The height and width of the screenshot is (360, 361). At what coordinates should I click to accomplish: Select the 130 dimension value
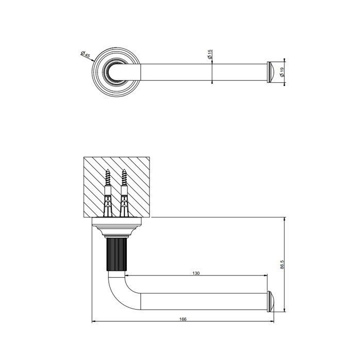[x=196, y=273]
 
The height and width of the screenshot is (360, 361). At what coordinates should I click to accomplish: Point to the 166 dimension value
[x=184, y=319]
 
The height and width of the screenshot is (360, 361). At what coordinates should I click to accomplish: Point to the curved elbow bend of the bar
[x=116, y=288]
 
